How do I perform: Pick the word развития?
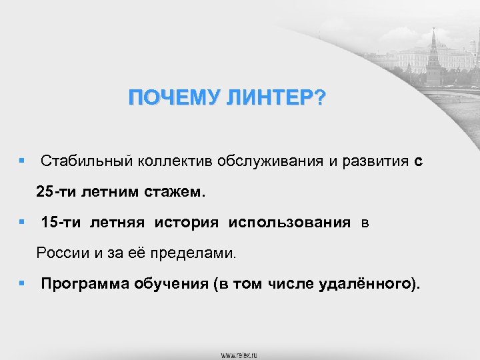(x=375, y=161)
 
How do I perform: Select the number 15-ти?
(x=61, y=223)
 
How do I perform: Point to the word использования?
(x=289, y=223)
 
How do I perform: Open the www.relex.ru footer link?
(x=240, y=354)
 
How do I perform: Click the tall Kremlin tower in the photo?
(x=433, y=57)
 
